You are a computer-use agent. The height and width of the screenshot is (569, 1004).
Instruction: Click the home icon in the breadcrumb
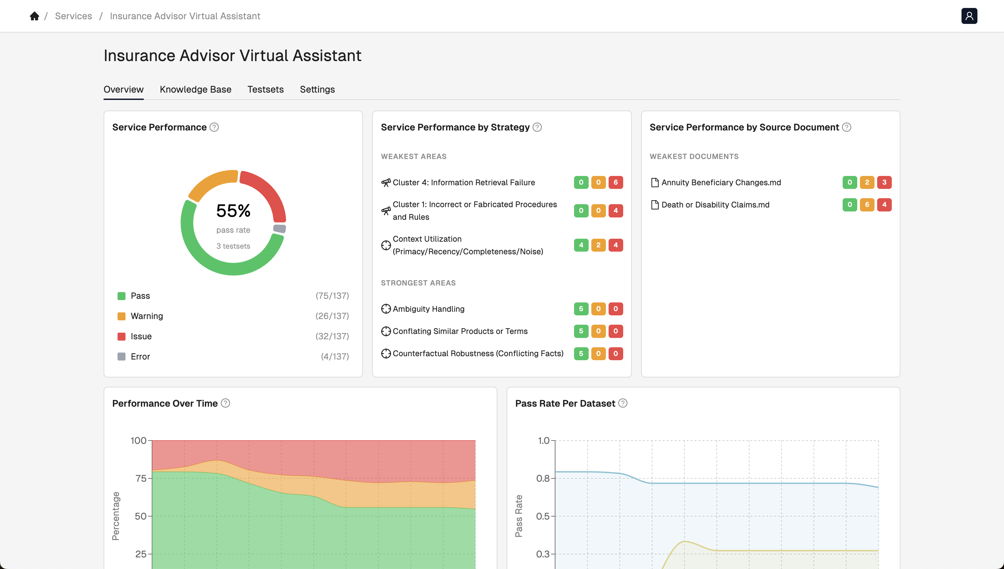(35, 16)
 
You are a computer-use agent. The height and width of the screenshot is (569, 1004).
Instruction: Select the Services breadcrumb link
(73, 16)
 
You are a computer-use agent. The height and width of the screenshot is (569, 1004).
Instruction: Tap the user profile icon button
(969, 16)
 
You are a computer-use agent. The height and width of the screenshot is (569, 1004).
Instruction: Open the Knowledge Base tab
(196, 90)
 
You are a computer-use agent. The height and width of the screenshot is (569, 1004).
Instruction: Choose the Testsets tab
(265, 90)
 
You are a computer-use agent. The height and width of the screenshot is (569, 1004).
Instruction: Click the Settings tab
(317, 90)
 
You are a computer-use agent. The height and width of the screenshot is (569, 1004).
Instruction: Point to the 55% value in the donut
(233, 211)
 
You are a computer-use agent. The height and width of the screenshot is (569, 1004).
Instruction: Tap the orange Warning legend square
(122, 316)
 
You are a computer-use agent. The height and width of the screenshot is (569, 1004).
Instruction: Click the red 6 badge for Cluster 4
(616, 183)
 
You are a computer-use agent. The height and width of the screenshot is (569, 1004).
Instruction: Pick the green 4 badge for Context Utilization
(581, 245)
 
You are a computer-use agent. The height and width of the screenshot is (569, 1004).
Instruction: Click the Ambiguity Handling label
(428, 309)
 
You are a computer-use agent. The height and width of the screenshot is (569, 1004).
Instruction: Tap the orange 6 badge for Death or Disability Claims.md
(867, 205)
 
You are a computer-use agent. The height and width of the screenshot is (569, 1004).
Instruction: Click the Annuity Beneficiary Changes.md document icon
(655, 183)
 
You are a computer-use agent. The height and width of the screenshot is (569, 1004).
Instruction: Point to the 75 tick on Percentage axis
(141, 478)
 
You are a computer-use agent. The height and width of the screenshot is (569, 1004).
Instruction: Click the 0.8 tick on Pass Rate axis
(543, 478)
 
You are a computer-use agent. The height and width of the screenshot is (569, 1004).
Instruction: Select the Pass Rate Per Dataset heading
(565, 403)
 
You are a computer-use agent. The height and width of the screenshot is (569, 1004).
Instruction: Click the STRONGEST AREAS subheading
(418, 283)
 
